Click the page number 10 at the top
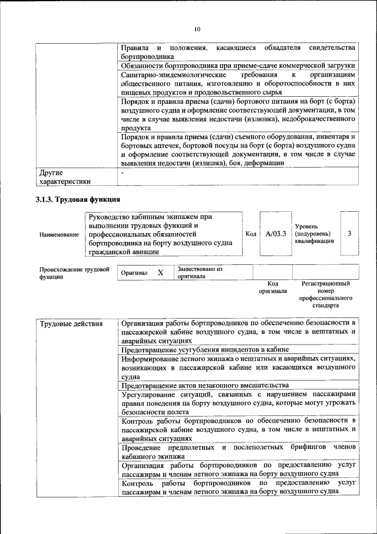(x=197, y=30)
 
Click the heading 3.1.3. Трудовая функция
(x=78, y=199)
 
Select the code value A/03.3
(x=276, y=234)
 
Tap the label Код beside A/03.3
(x=250, y=234)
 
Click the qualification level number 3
(x=349, y=234)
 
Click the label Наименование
(x=59, y=234)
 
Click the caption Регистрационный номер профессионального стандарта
(x=325, y=295)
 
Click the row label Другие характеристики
(x=65, y=177)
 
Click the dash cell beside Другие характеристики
(x=123, y=173)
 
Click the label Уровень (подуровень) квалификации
(x=315, y=234)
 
